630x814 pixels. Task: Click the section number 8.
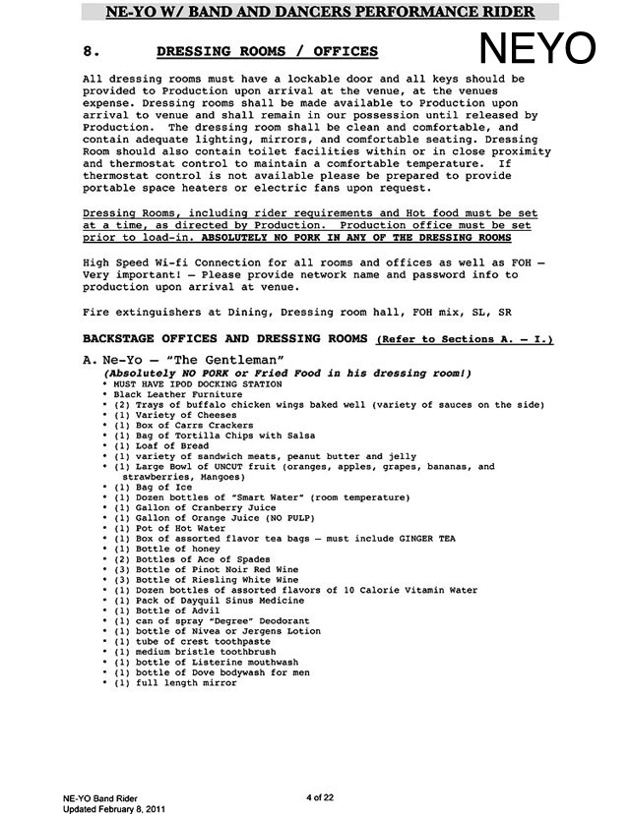pyautogui.click(x=89, y=51)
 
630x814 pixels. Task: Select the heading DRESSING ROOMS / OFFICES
pyautogui.click(x=267, y=51)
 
